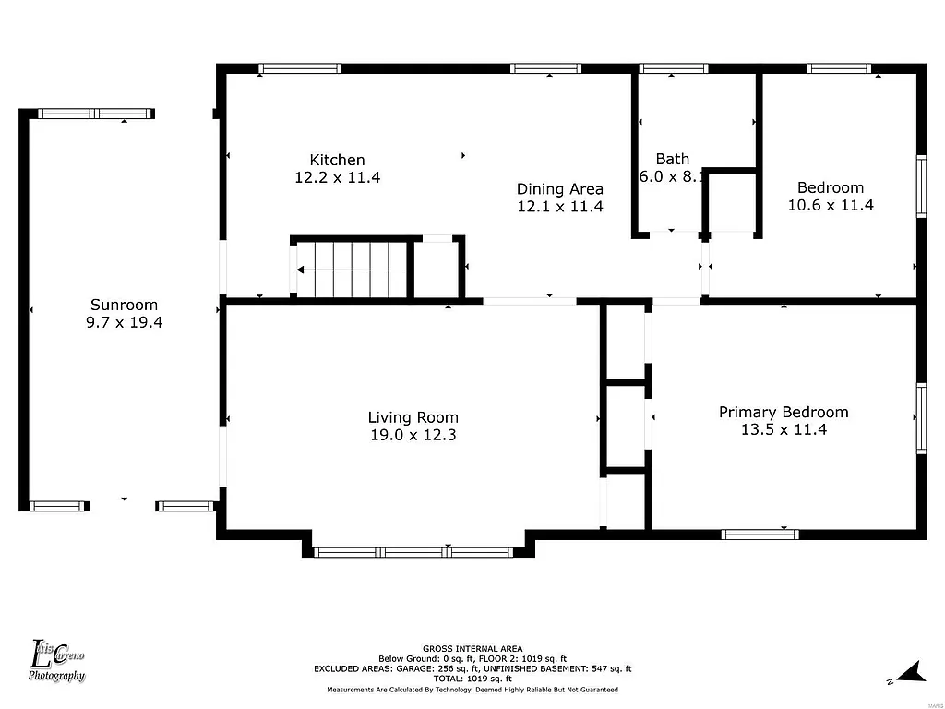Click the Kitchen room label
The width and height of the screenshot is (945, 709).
click(x=337, y=160)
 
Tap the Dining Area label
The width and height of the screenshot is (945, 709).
click(x=559, y=189)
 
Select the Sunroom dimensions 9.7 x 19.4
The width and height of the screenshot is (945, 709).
click(x=124, y=322)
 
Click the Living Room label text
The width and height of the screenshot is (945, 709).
click(x=413, y=417)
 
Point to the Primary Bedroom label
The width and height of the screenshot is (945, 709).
click(x=784, y=412)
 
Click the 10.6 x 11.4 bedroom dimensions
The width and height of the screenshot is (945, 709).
click(x=830, y=205)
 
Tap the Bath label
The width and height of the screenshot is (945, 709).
click(x=672, y=159)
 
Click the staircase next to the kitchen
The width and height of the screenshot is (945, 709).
click(x=352, y=270)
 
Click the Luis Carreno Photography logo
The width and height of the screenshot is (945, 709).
click(x=57, y=660)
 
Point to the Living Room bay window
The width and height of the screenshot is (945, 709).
click(x=413, y=552)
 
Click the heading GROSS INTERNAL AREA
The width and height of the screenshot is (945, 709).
click(x=472, y=648)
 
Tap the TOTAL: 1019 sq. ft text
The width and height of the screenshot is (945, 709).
click(x=472, y=679)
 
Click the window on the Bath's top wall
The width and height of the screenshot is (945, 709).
click(x=674, y=68)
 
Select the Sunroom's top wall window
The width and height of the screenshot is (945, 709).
click(x=94, y=114)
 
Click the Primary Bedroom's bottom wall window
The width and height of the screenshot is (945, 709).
click(x=760, y=534)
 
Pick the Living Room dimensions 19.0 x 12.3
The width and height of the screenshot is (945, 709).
click(x=413, y=435)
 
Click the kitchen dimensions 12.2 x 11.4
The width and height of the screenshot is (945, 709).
click(x=337, y=177)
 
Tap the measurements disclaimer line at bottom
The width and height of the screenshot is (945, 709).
click(x=472, y=690)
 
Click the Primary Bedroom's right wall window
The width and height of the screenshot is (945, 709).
click(x=921, y=418)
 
